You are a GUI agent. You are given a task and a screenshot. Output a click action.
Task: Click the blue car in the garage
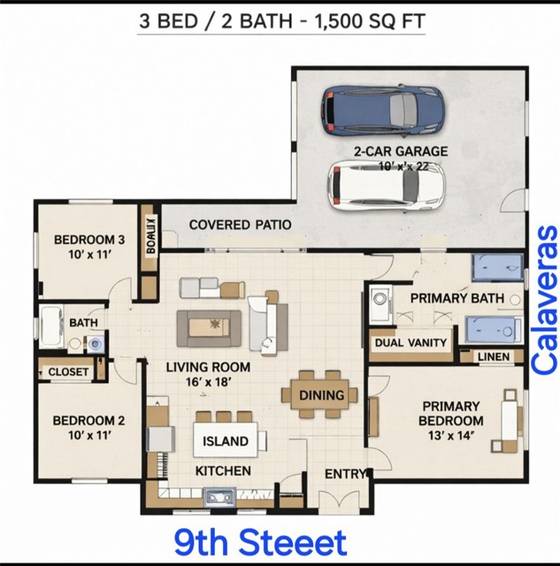click(x=382, y=108)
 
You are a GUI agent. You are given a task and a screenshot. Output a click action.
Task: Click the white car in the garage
click(x=385, y=185)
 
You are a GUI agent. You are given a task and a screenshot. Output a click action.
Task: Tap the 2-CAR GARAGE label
click(x=401, y=151)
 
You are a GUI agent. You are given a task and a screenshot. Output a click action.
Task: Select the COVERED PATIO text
click(x=240, y=225)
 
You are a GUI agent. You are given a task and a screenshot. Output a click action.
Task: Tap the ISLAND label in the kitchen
click(x=226, y=441)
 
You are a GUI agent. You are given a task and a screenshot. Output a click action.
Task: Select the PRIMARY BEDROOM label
click(x=451, y=413)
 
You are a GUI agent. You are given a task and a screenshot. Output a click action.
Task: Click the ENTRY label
click(x=344, y=475)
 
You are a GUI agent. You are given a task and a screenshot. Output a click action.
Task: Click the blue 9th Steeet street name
click(x=260, y=541)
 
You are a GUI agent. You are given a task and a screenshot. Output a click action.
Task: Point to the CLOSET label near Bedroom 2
click(x=67, y=372)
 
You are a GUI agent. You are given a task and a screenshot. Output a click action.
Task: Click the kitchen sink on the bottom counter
click(x=218, y=498)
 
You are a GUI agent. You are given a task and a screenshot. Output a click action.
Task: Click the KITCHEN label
click(x=223, y=470)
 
